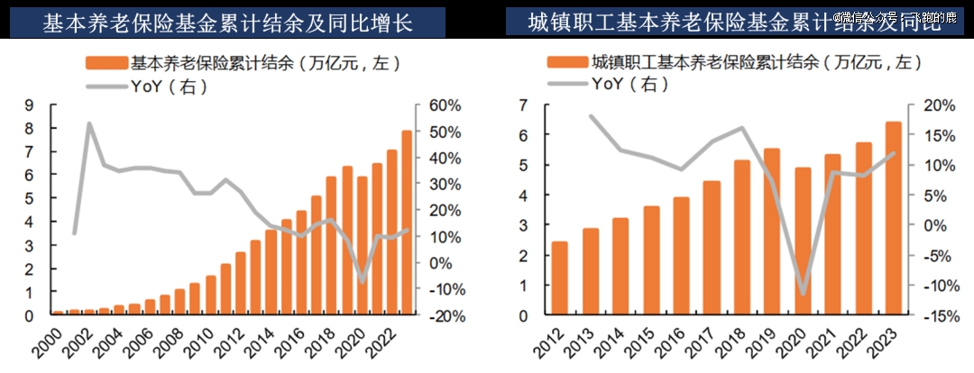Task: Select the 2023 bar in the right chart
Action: (892, 219)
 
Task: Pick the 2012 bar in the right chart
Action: (559, 278)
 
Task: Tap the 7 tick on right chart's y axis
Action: (523, 106)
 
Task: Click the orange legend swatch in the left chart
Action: (106, 64)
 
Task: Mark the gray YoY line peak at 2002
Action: (89, 123)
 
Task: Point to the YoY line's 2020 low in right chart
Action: (802, 294)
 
